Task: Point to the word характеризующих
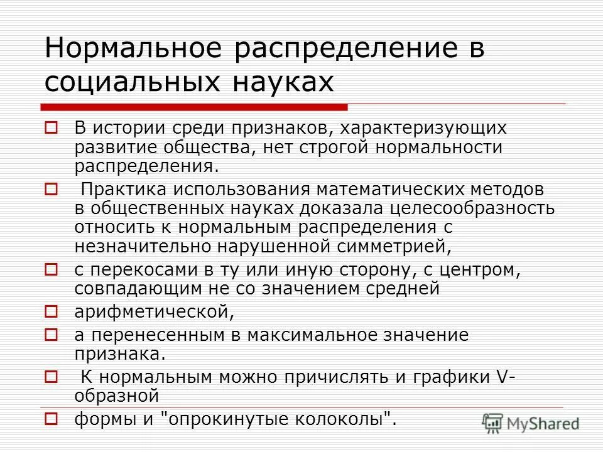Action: (430, 128)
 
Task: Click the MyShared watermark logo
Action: (530, 422)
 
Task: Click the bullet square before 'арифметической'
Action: (52, 311)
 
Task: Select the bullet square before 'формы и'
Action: (52, 417)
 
